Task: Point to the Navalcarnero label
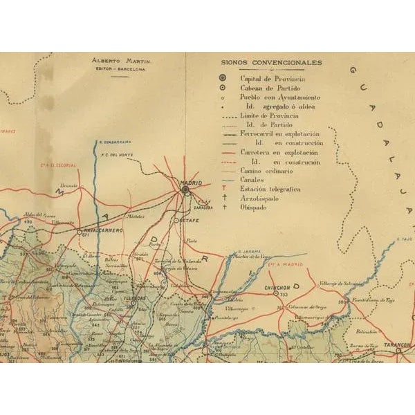[102, 230]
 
